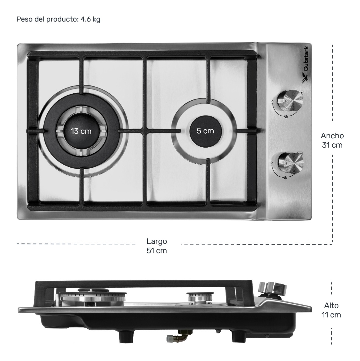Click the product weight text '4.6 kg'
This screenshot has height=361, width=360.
pos(90,20)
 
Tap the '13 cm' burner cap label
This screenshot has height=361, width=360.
pos(81,131)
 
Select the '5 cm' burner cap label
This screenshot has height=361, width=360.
pos(205,131)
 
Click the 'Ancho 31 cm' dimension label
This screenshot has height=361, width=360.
pos(332,140)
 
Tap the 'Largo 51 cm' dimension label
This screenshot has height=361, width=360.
pos(157,246)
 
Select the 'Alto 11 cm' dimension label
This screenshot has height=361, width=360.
pos(331,310)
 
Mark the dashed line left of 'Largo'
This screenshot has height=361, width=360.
pos(76,244)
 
